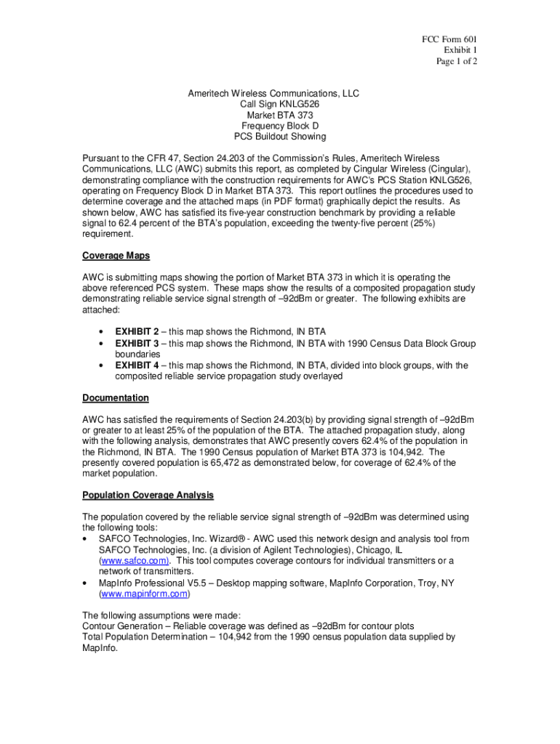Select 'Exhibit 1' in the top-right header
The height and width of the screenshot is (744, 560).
click(460, 51)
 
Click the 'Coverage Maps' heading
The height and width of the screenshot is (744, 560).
click(116, 256)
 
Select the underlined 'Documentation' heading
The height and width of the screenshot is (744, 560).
click(116, 398)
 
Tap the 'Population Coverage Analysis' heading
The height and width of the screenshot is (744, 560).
click(148, 496)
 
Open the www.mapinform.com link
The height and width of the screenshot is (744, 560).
click(143, 594)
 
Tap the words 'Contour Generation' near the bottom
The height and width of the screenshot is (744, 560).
click(120, 626)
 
